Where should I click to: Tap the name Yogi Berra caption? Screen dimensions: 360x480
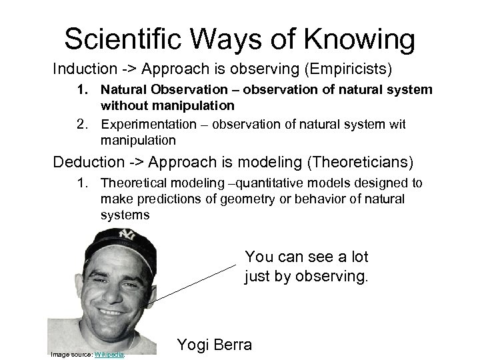pyautogui.click(x=214, y=345)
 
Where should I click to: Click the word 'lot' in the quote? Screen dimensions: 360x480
pyautogui.click(x=355, y=257)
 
